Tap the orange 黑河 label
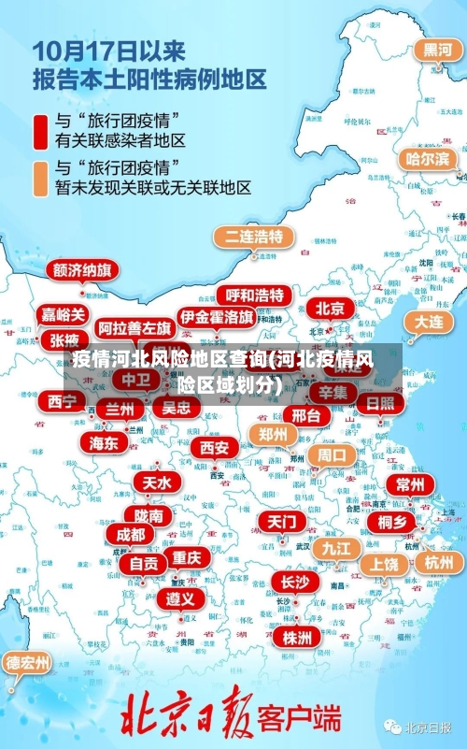click(x=437, y=50)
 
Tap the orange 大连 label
click(x=429, y=321)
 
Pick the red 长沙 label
click(x=294, y=582)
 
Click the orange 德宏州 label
click(x=28, y=663)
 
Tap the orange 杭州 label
click(x=438, y=562)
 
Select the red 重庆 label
click(x=186, y=557)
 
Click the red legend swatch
click(x=41, y=131)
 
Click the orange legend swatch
click(x=41, y=178)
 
